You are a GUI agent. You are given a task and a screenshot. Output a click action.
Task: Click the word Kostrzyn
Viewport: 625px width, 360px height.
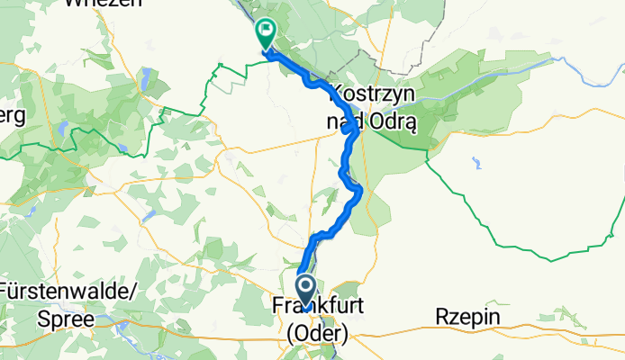370,93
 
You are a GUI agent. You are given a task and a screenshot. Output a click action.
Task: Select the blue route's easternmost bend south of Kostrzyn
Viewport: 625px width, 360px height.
360,190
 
